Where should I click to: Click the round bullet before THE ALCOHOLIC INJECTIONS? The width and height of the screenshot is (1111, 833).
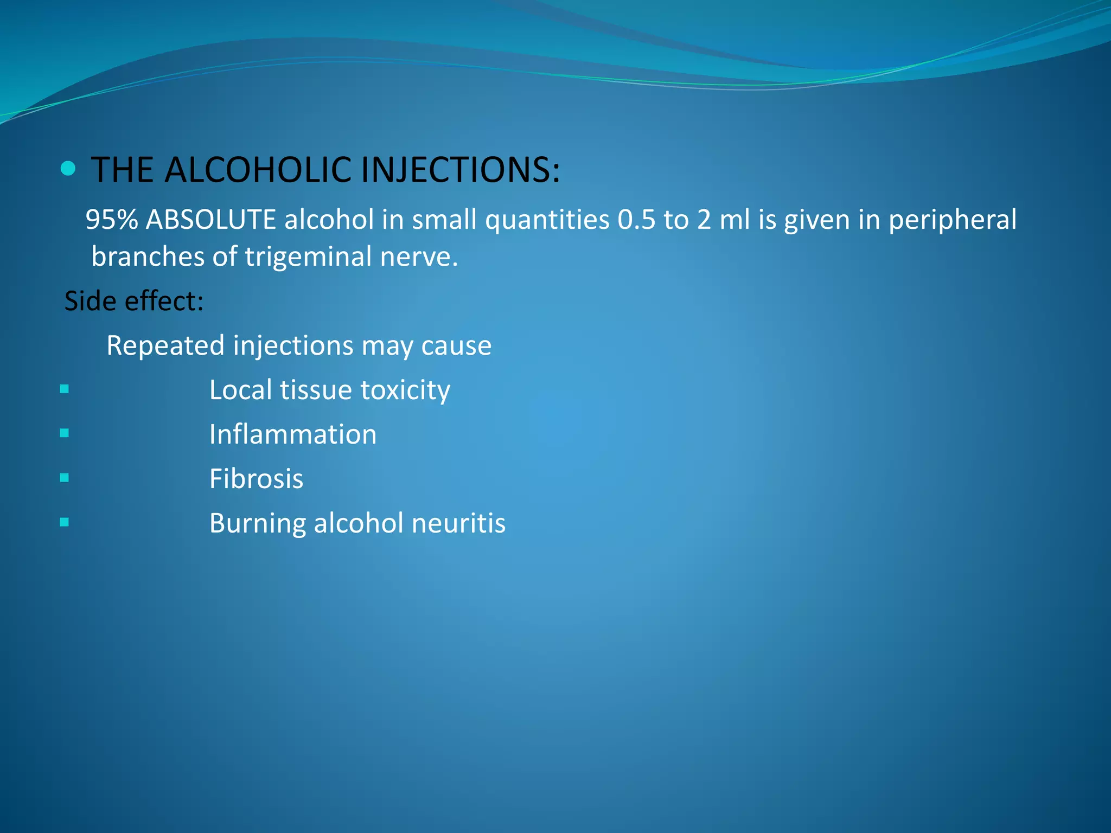(68, 169)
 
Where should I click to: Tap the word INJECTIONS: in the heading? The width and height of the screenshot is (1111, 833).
(460, 170)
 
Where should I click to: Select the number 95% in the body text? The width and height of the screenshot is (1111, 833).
(111, 220)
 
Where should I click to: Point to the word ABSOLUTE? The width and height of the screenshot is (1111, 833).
(211, 220)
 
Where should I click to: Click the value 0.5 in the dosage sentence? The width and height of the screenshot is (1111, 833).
(636, 220)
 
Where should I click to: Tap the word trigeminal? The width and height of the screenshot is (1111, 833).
(308, 257)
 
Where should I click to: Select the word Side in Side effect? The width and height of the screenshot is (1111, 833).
(90, 301)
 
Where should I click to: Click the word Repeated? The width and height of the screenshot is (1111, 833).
(165, 346)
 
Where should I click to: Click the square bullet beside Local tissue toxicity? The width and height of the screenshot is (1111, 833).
(65, 389)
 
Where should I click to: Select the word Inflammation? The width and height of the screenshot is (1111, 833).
(293, 435)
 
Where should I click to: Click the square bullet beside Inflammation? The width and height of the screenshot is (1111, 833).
(65, 433)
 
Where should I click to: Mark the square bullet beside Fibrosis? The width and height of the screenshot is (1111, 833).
(65, 478)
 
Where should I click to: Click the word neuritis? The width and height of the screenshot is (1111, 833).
(458, 524)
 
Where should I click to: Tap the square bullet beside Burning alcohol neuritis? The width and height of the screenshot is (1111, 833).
(65, 522)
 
